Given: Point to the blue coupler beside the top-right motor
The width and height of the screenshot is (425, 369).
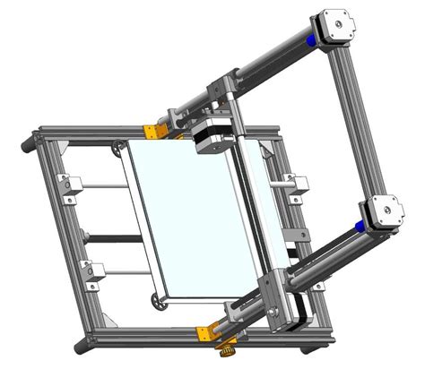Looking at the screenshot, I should point(310,40).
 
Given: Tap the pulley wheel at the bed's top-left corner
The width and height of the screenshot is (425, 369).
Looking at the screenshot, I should point(120,147).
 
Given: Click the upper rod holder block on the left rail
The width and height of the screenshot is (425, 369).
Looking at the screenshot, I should point(66,184).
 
